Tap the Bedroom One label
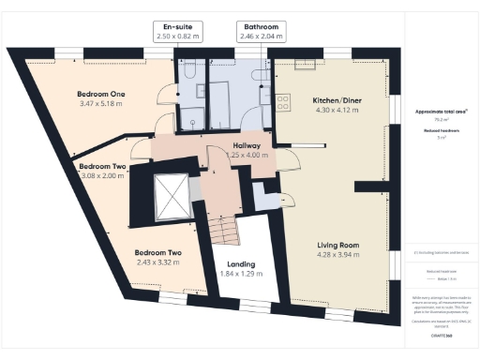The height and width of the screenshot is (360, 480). tap(100, 95)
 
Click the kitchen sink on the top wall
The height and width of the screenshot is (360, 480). tap(306, 66)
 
